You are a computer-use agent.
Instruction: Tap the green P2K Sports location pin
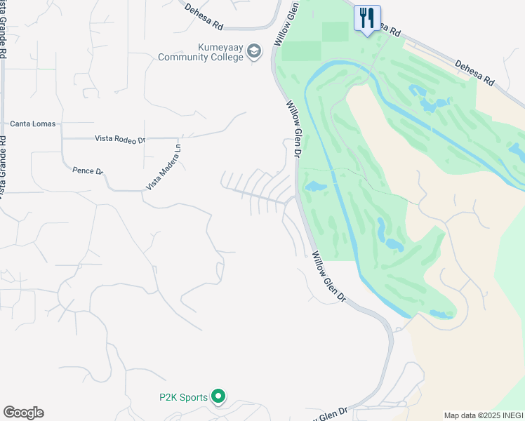[218, 398]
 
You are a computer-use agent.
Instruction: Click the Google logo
[23, 413]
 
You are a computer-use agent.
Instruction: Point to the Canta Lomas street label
[32, 124]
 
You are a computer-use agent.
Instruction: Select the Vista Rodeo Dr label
[119, 140]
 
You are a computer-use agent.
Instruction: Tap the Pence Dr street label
[88, 171]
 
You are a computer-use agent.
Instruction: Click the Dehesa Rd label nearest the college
[204, 17]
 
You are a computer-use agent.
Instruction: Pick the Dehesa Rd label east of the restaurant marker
[474, 72]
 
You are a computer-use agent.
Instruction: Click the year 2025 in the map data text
[486, 415]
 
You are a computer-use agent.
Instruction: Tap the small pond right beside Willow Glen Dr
[313, 187]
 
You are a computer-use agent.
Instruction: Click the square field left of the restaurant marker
[335, 31]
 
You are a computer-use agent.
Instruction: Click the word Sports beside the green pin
[193, 398]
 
